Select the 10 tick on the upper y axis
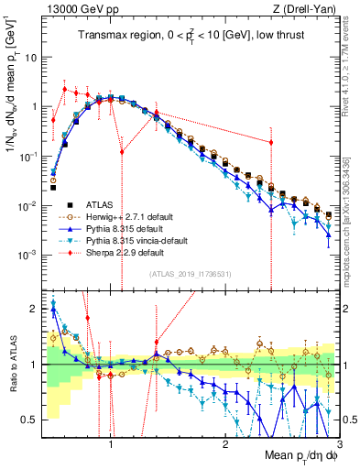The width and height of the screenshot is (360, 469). pyautogui.click(x=29, y=57)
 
